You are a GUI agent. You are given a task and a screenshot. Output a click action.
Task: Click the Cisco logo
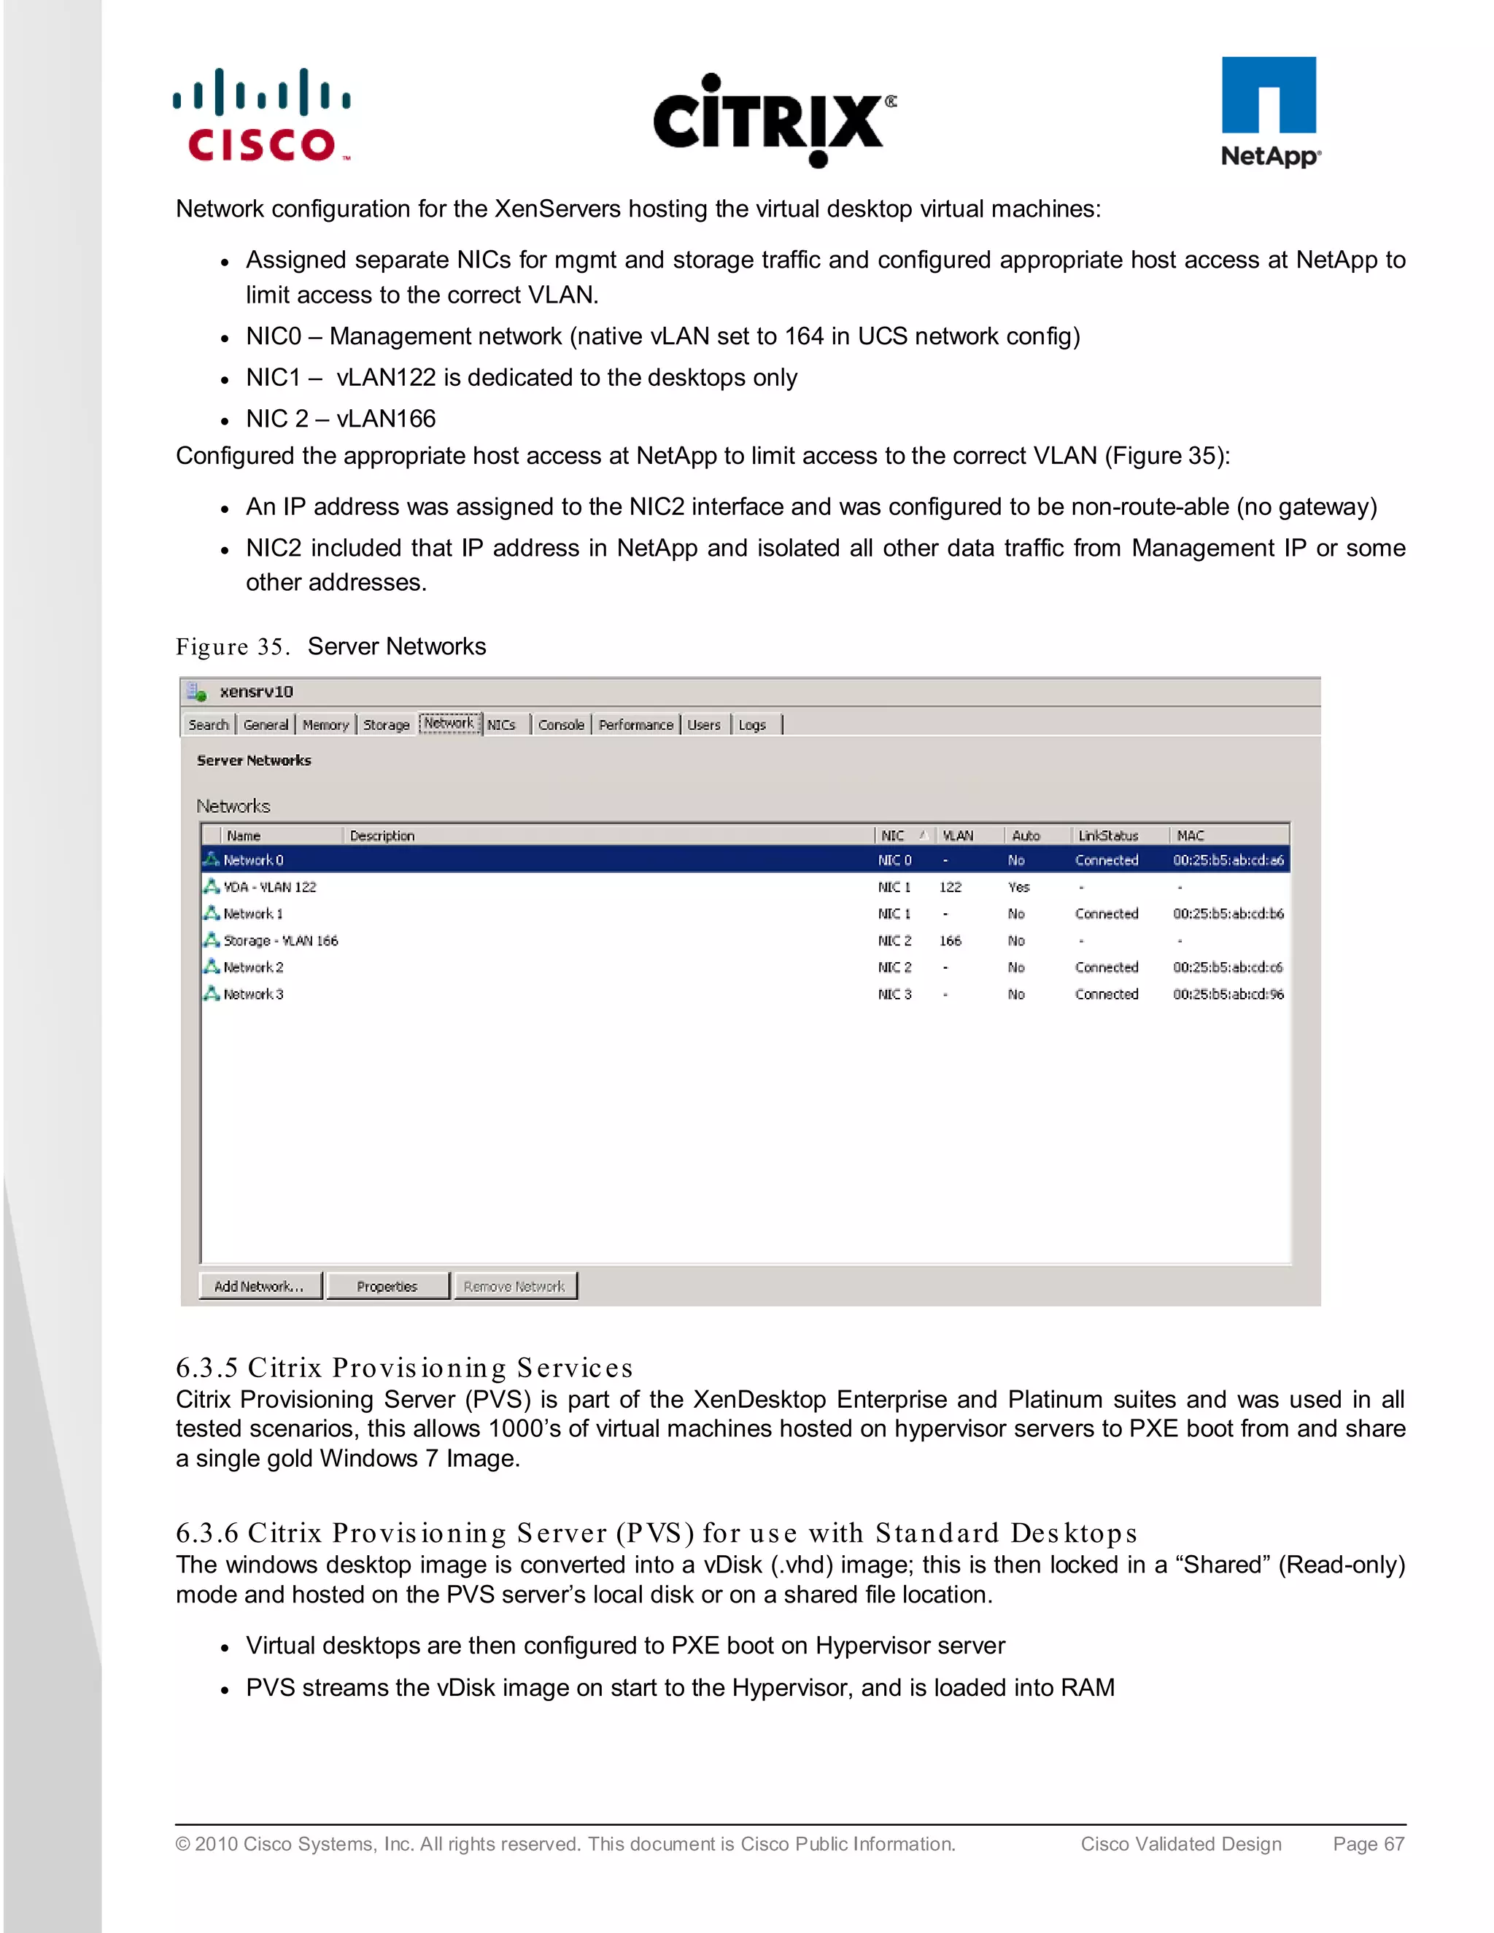coord(262,116)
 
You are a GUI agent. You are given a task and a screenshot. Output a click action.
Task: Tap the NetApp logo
coord(1269,112)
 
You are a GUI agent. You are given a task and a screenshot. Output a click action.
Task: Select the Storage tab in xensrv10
coord(386,725)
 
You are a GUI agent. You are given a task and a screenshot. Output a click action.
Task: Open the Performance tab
coord(635,725)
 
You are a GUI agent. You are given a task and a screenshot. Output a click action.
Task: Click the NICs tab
coord(501,725)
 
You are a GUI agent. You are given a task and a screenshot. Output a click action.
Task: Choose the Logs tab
coord(752,725)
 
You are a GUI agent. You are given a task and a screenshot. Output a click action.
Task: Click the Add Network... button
coord(259,1286)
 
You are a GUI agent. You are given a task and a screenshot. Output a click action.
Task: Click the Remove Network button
coord(514,1286)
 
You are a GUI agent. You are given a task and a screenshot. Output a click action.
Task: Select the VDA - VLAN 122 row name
coord(269,887)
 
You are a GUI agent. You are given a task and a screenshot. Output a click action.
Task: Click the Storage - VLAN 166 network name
coord(281,941)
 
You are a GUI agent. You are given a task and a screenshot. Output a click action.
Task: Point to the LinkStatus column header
coord(1108,835)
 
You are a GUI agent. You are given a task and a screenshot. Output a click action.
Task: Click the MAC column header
coord(1191,835)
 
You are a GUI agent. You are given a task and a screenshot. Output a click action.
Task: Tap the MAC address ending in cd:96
coord(1228,995)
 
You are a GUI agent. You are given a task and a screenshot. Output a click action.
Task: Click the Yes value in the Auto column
coord(1018,887)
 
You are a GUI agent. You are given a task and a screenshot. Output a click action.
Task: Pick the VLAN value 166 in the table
coord(950,941)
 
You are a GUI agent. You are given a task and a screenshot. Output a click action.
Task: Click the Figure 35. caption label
coord(233,647)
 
